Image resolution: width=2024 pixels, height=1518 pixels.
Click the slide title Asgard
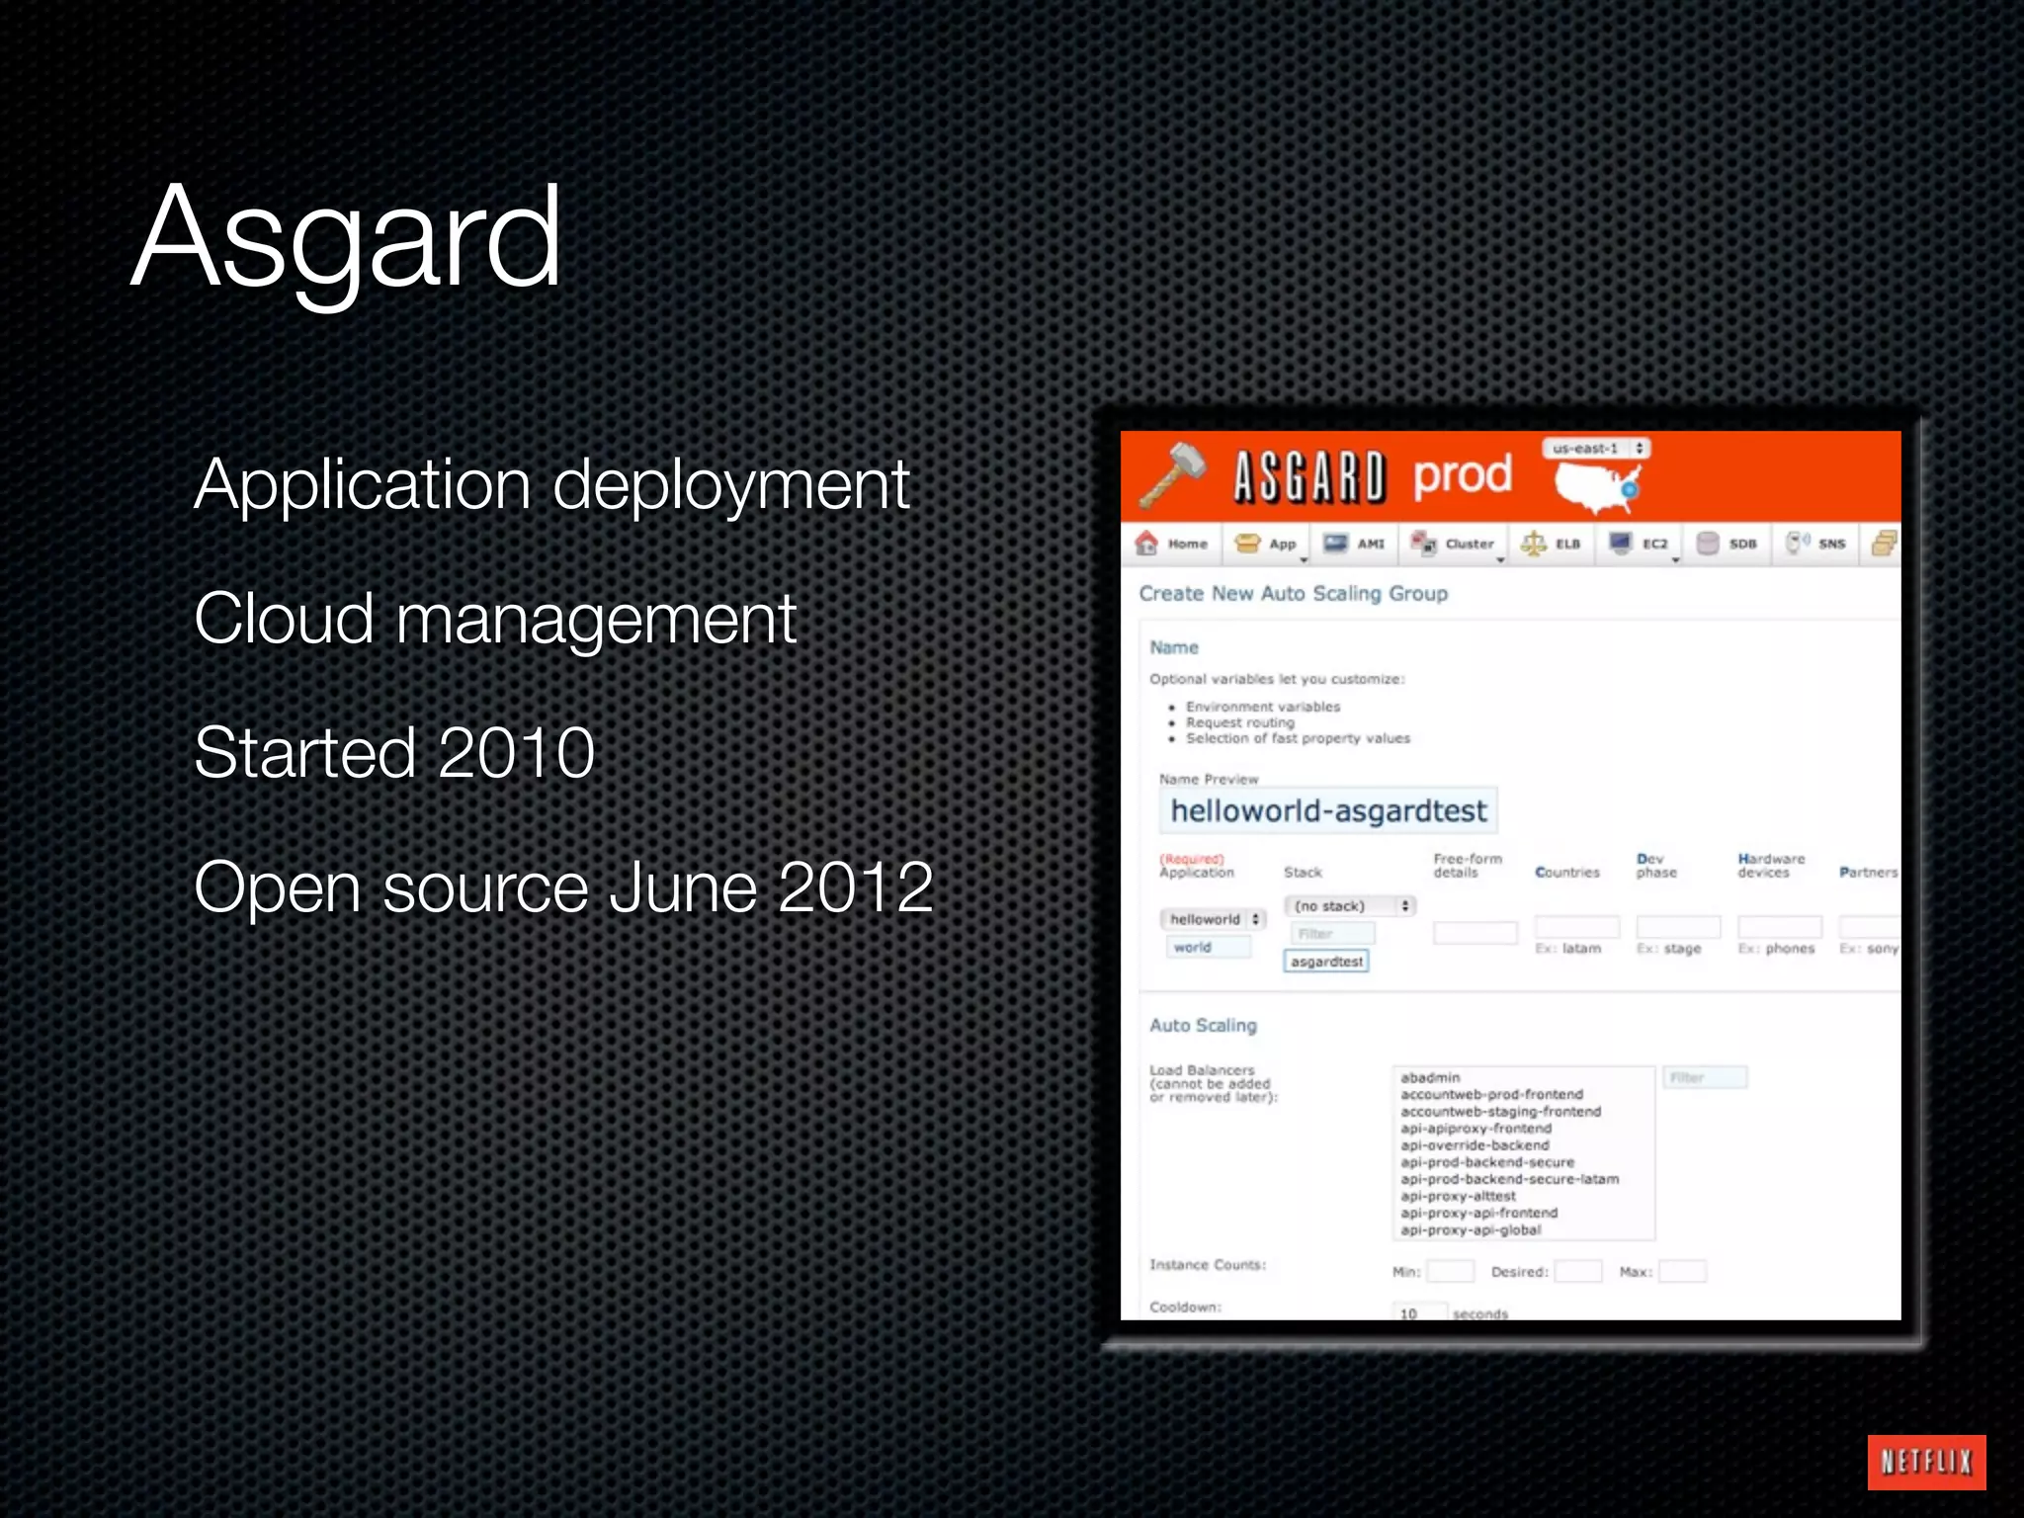tap(346, 237)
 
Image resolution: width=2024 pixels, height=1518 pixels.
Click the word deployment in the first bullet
tap(730, 486)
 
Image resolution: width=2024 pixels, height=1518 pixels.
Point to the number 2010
tap(515, 753)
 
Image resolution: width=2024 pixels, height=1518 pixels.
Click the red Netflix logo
tap(1926, 1462)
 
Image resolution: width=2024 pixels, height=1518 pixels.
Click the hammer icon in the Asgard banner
tap(1173, 473)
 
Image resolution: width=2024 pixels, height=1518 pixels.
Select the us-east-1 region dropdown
tap(1596, 449)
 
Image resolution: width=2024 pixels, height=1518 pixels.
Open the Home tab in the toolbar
tap(1173, 544)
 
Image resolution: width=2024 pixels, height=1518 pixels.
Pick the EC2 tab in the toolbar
tap(1641, 544)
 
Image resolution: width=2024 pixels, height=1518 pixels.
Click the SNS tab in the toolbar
tap(1816, 544)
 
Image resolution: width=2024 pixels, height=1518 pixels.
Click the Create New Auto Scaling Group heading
tap(1293, 594)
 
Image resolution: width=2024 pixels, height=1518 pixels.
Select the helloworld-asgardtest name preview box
tap(1327, 811)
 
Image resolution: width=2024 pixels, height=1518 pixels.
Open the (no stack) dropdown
tap(1349, 906)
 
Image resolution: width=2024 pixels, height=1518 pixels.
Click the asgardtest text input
tap(1326, 962)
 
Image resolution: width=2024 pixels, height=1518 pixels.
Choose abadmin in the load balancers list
tap(1430, 1077)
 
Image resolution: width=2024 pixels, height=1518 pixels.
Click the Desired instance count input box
tap(1577, 1272)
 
